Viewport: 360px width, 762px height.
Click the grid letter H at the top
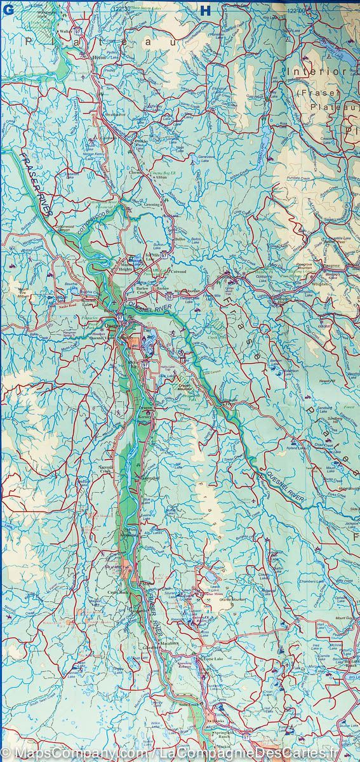tap(204, 9)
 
